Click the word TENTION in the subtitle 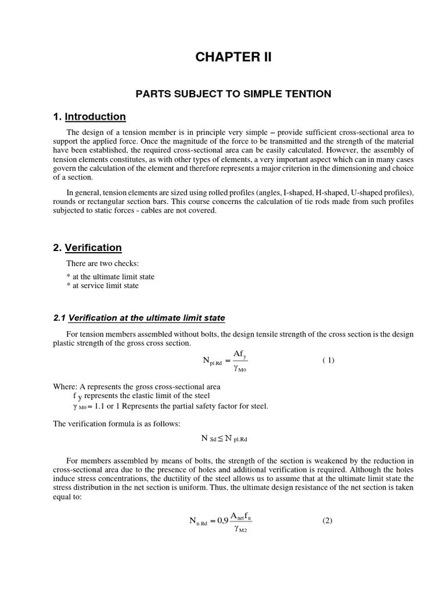(309, 94)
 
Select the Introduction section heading (95, 116)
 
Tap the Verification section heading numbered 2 (93, 248)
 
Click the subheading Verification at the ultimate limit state (146, 318)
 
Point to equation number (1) (328, 360)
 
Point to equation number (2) (327, 521)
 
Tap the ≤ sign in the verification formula (220, 438)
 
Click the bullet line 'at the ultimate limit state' (111, 276)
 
